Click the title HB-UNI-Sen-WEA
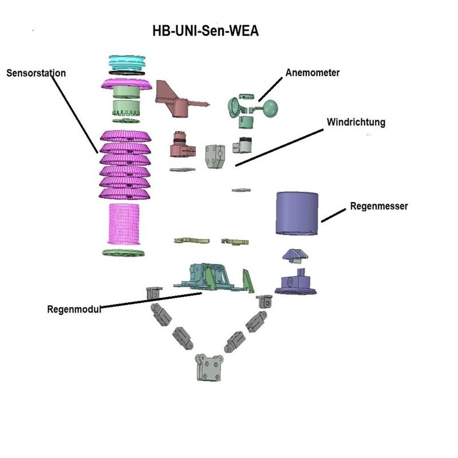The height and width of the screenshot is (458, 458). (x=205, y=31)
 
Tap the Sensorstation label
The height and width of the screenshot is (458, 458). (x=36, y=73)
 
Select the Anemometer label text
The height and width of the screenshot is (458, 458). (x=313, y=73)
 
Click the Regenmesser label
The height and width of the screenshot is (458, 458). (x=378, y=206)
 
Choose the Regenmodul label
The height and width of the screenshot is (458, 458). (x=74, y=309)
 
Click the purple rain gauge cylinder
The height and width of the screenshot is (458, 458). (x=297, y=213)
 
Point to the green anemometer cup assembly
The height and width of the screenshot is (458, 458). (x=252, y=107)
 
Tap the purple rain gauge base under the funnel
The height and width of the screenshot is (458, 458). (x=295, y=283)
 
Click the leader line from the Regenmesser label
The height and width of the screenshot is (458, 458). (x=334, y=215)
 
